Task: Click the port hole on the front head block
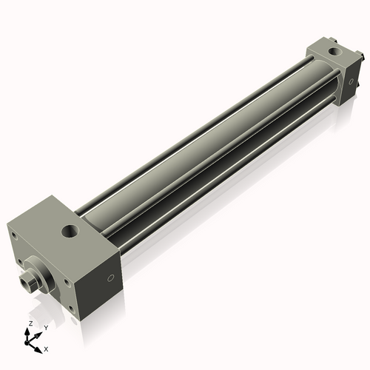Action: [x=70, y=232]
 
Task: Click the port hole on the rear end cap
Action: [x=334, y=52]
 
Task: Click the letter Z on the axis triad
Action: [x=30, y=323]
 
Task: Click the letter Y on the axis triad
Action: [x=46, y=328]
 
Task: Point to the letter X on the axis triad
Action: [x=46, y=349]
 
